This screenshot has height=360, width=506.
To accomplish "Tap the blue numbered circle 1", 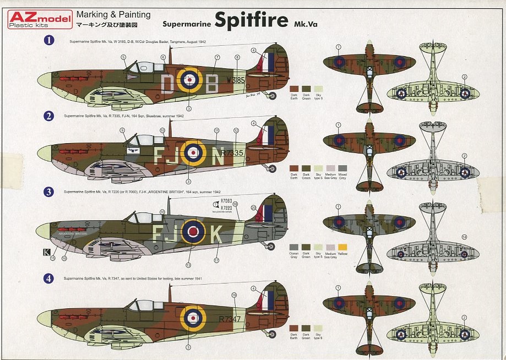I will (x=49, y=41).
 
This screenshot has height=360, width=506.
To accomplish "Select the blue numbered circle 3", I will (x=49, y=192).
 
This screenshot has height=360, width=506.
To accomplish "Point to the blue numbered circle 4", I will (x=49, y=279).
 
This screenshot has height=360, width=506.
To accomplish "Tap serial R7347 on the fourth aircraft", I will (x=230, y=318).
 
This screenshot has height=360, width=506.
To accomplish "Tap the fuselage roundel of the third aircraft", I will (x=193, y=232).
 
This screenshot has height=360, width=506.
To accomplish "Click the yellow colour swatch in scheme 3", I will (x=343, y=247).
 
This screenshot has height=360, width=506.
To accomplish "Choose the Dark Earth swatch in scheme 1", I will (x=293, y=88).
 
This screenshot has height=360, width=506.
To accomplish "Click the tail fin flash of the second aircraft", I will (x=269, y=135).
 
